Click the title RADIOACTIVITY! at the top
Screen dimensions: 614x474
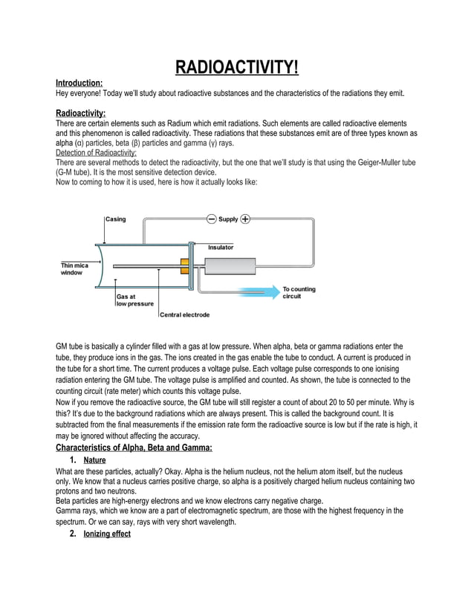pos(236,69)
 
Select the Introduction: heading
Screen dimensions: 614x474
pos(79,83)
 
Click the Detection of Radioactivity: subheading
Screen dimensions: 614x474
pos(96,151)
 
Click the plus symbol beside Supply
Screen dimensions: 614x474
pos(245,219)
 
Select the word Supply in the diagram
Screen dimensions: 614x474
pos(228,219)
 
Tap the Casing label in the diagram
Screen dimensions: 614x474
pos(115,219)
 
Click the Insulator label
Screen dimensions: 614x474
pos(221,247)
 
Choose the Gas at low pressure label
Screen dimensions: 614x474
pos(134,300)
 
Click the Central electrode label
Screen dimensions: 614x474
pos(184,314)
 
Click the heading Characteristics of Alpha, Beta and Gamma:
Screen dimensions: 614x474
pos(134,447)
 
